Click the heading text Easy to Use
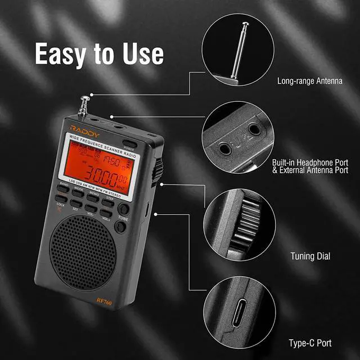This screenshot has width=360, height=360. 99,54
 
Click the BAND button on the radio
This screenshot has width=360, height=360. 64,189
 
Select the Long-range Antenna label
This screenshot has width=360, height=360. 309,81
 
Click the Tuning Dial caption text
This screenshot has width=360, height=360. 310,256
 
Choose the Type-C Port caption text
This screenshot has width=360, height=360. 309,342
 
